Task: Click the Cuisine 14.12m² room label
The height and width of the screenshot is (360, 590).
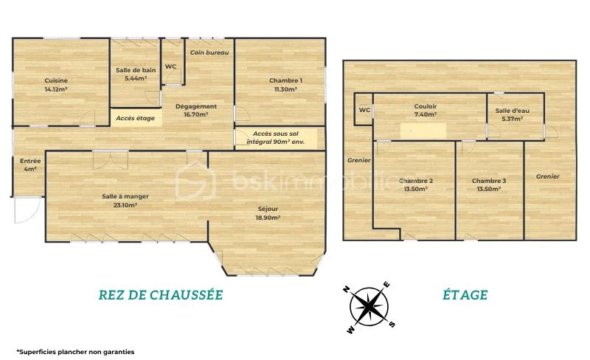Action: click(x=56, y=85)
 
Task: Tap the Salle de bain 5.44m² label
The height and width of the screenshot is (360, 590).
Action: click(x=136, y=75)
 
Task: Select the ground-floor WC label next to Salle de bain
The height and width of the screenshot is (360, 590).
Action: click(x=170, y=66)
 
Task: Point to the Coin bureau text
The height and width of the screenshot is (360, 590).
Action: click(x=209, y=52)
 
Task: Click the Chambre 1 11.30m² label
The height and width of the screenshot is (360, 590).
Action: click(x=285, y=85)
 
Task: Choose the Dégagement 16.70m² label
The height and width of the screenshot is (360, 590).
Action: click(x=196, y=111)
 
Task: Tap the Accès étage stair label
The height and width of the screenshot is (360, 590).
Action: click(x=135, y=118)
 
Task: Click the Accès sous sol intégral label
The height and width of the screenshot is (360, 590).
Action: click(x=275, y=138)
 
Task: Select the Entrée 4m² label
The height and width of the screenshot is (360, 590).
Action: click(x=30, y=165)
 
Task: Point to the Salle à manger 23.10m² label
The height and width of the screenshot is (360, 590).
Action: click(x=125, y=201)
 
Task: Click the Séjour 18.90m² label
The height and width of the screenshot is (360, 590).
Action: click(x=268, y=213)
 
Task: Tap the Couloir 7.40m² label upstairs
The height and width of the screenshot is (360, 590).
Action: click(x=426, y=111)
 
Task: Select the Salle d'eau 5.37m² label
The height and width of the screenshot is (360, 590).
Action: click(x=512, y=115)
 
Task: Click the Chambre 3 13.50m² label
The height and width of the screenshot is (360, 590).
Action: click(x=489, y=185)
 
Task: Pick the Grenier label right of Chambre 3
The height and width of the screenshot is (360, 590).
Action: click(x=547, y=176)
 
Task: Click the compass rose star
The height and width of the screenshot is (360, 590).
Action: click(x=369, y=308)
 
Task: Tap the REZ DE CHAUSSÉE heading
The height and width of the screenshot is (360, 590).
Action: click(x=161, y=295)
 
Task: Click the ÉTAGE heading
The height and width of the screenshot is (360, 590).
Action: click(x=465, y=295)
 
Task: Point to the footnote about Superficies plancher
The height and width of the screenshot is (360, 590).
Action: click(x=75, y=352)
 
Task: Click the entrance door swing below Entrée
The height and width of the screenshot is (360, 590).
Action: click(x=27, y=210)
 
